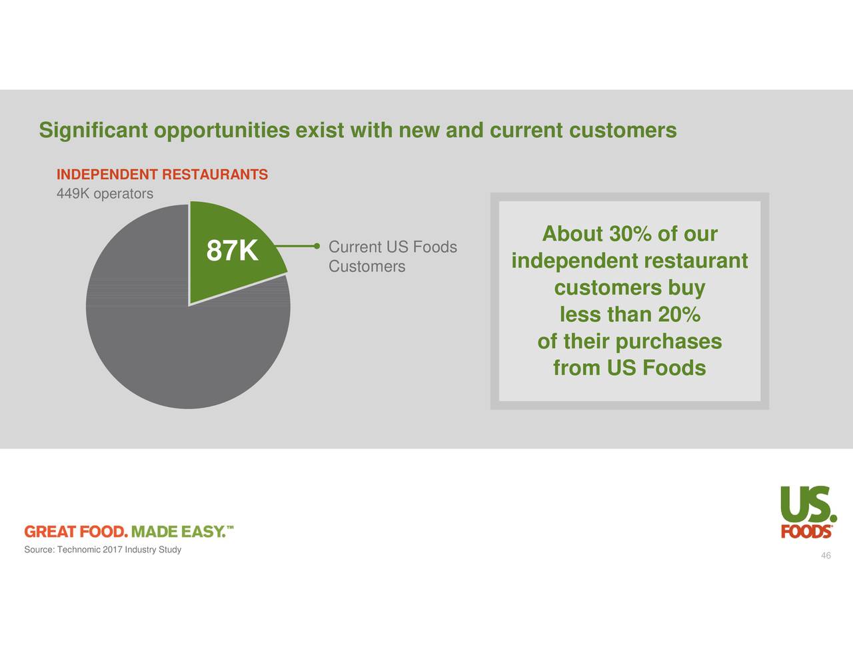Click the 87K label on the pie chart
(232, 252)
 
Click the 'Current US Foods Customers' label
(392, 257)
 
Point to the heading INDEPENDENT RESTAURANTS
(162, 175)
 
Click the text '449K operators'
(105, 194)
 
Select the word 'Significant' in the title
(93, 130)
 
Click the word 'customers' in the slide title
(622, 130)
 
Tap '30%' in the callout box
(630, 235)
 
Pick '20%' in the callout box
(678, 315)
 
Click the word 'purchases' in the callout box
(668, 342)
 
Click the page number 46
(826, 556)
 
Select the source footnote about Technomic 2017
(103, 550)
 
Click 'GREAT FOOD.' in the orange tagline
(75, 532)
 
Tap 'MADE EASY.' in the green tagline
(177, 532)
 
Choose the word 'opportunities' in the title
(221, 130)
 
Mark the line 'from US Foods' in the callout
(629, 368)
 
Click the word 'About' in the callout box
(572, 235)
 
